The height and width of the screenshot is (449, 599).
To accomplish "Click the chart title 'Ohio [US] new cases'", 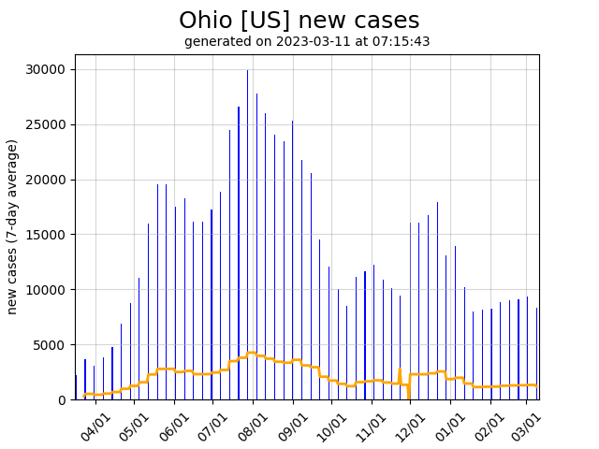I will pos(299,21).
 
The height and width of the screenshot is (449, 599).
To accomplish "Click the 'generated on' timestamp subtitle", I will pos(307,41).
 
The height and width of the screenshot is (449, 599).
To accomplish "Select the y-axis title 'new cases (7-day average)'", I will pos(13,226).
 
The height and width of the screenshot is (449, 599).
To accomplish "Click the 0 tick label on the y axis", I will pos(61,399).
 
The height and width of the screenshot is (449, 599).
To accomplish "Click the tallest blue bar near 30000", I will pos(247,234).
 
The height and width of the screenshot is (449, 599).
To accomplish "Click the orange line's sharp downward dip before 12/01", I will pos(409,396).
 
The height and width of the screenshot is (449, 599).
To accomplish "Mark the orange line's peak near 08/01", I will pos(252,353).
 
